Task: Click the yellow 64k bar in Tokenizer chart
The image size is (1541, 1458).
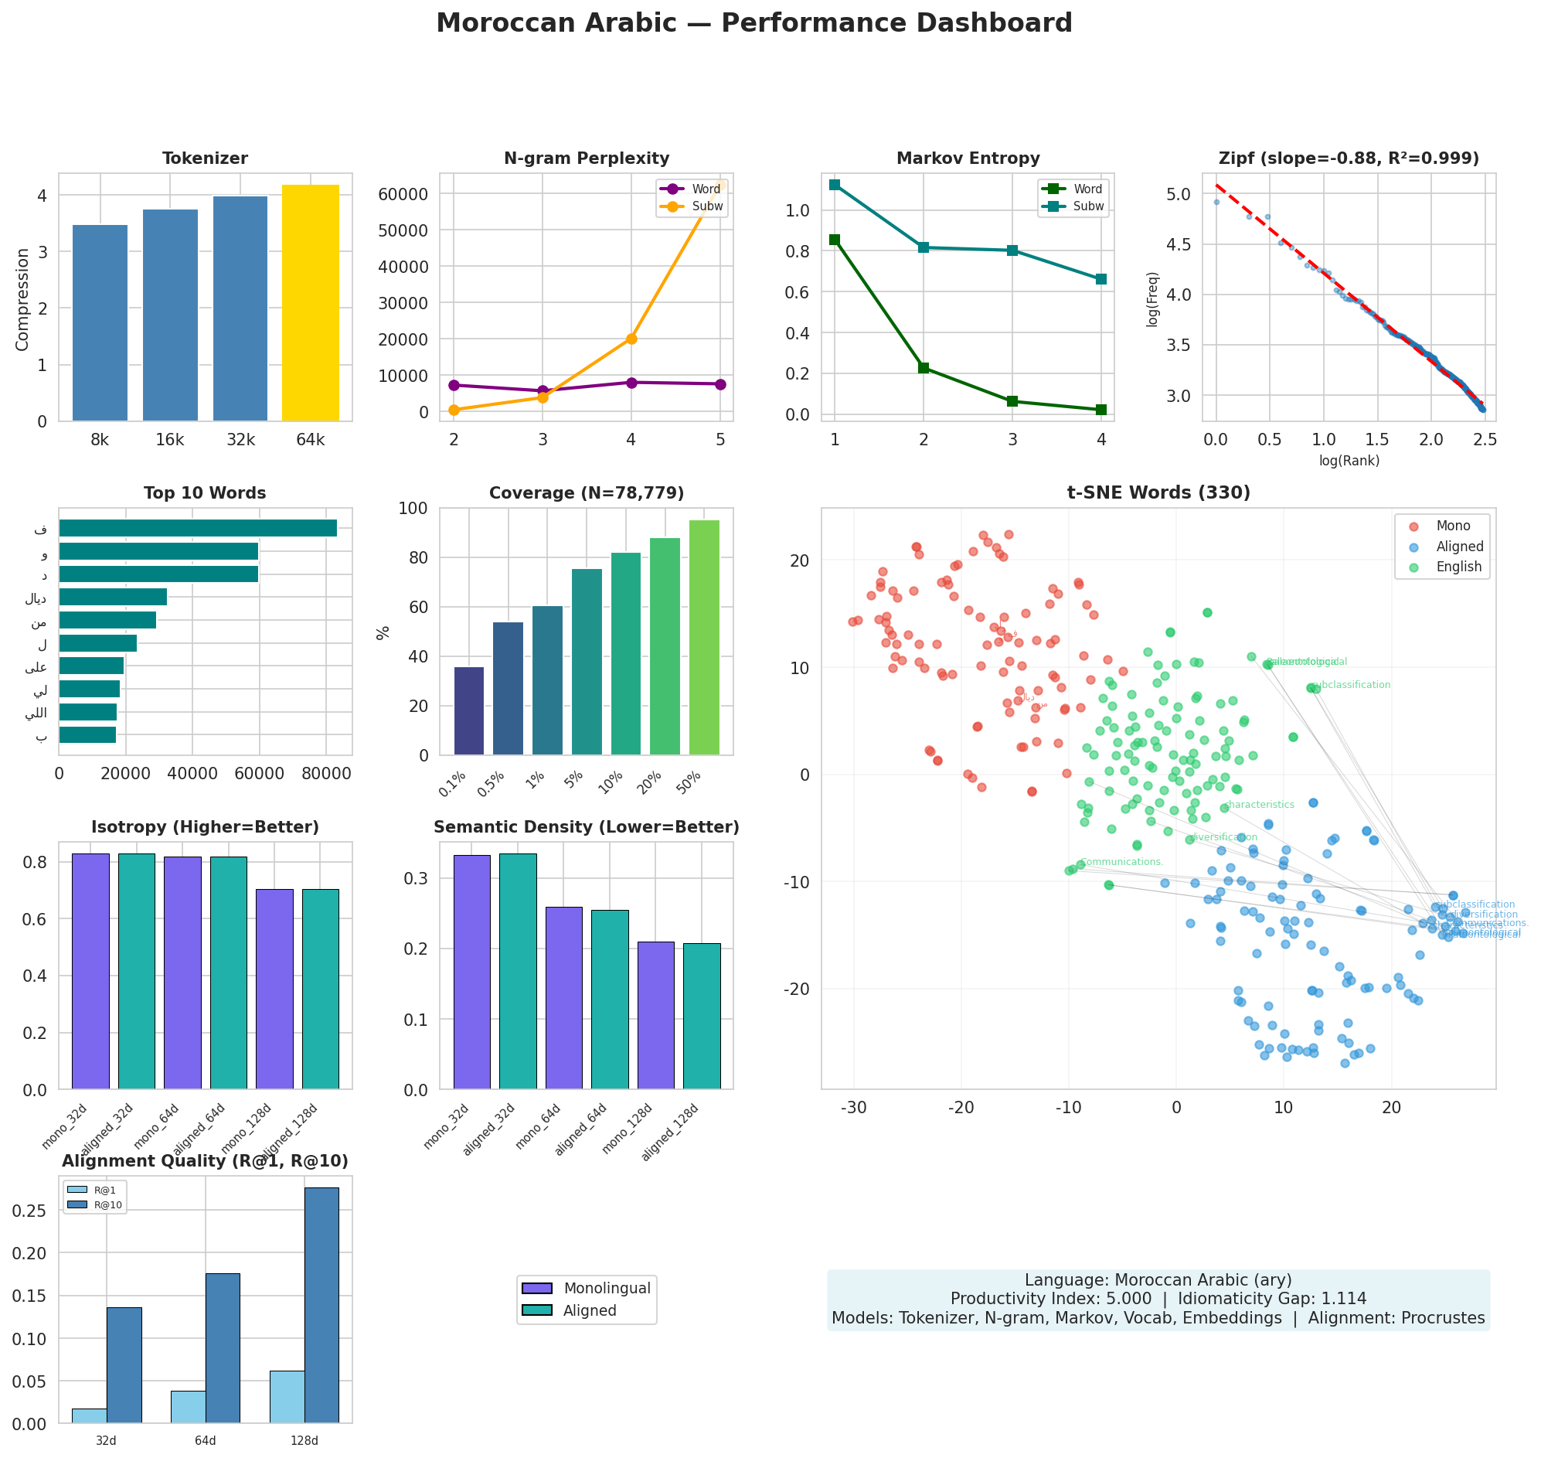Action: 310,303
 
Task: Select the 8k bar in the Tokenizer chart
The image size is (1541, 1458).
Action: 100,322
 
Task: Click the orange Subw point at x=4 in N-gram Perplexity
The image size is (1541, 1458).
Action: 631,339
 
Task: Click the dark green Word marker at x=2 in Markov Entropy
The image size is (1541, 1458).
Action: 924,369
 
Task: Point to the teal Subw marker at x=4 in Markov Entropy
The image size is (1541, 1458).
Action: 1100,279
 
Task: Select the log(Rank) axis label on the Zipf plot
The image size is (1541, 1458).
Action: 1349,461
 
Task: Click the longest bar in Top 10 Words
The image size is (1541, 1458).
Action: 197,529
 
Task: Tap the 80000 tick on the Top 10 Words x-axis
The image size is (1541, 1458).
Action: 325,774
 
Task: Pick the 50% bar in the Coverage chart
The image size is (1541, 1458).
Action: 704,637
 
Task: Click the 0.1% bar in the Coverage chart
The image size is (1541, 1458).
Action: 468,710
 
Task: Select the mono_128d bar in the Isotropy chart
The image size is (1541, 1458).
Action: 274,989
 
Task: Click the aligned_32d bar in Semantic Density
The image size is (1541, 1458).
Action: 518,972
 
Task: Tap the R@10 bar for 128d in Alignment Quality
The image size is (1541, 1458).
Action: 321,1306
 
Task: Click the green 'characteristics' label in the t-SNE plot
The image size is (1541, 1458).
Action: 1259,806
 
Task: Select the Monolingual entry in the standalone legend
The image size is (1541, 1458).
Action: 587,1289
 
